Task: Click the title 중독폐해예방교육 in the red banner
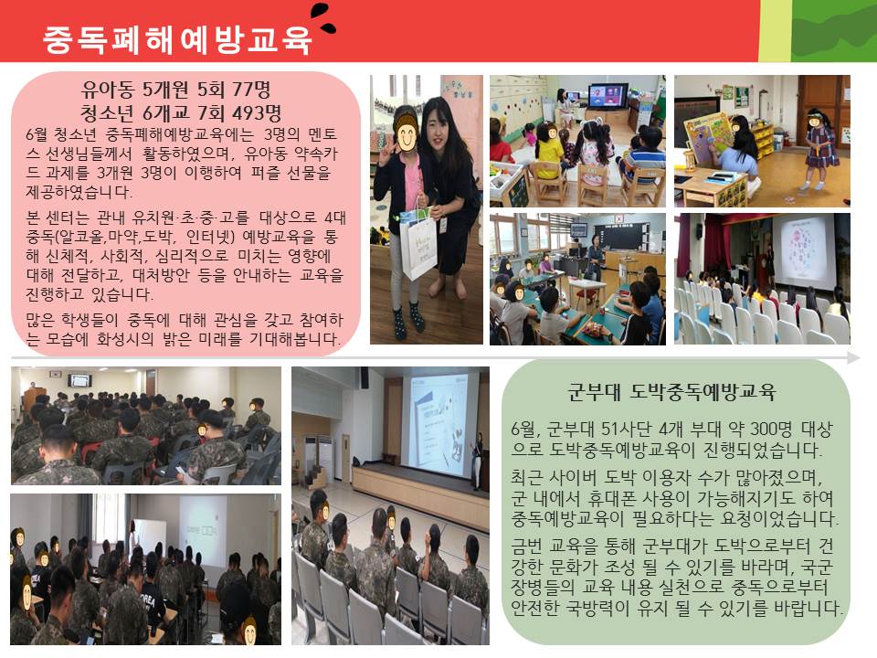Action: [x=176, y=39]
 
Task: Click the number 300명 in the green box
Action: [x=771, y=430]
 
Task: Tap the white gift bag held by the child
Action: [x=418, y=246]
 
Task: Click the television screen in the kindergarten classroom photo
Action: [x=608, y=96]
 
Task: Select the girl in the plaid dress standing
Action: [x=820, y=148]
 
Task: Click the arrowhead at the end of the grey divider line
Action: [x=854, y=358]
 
